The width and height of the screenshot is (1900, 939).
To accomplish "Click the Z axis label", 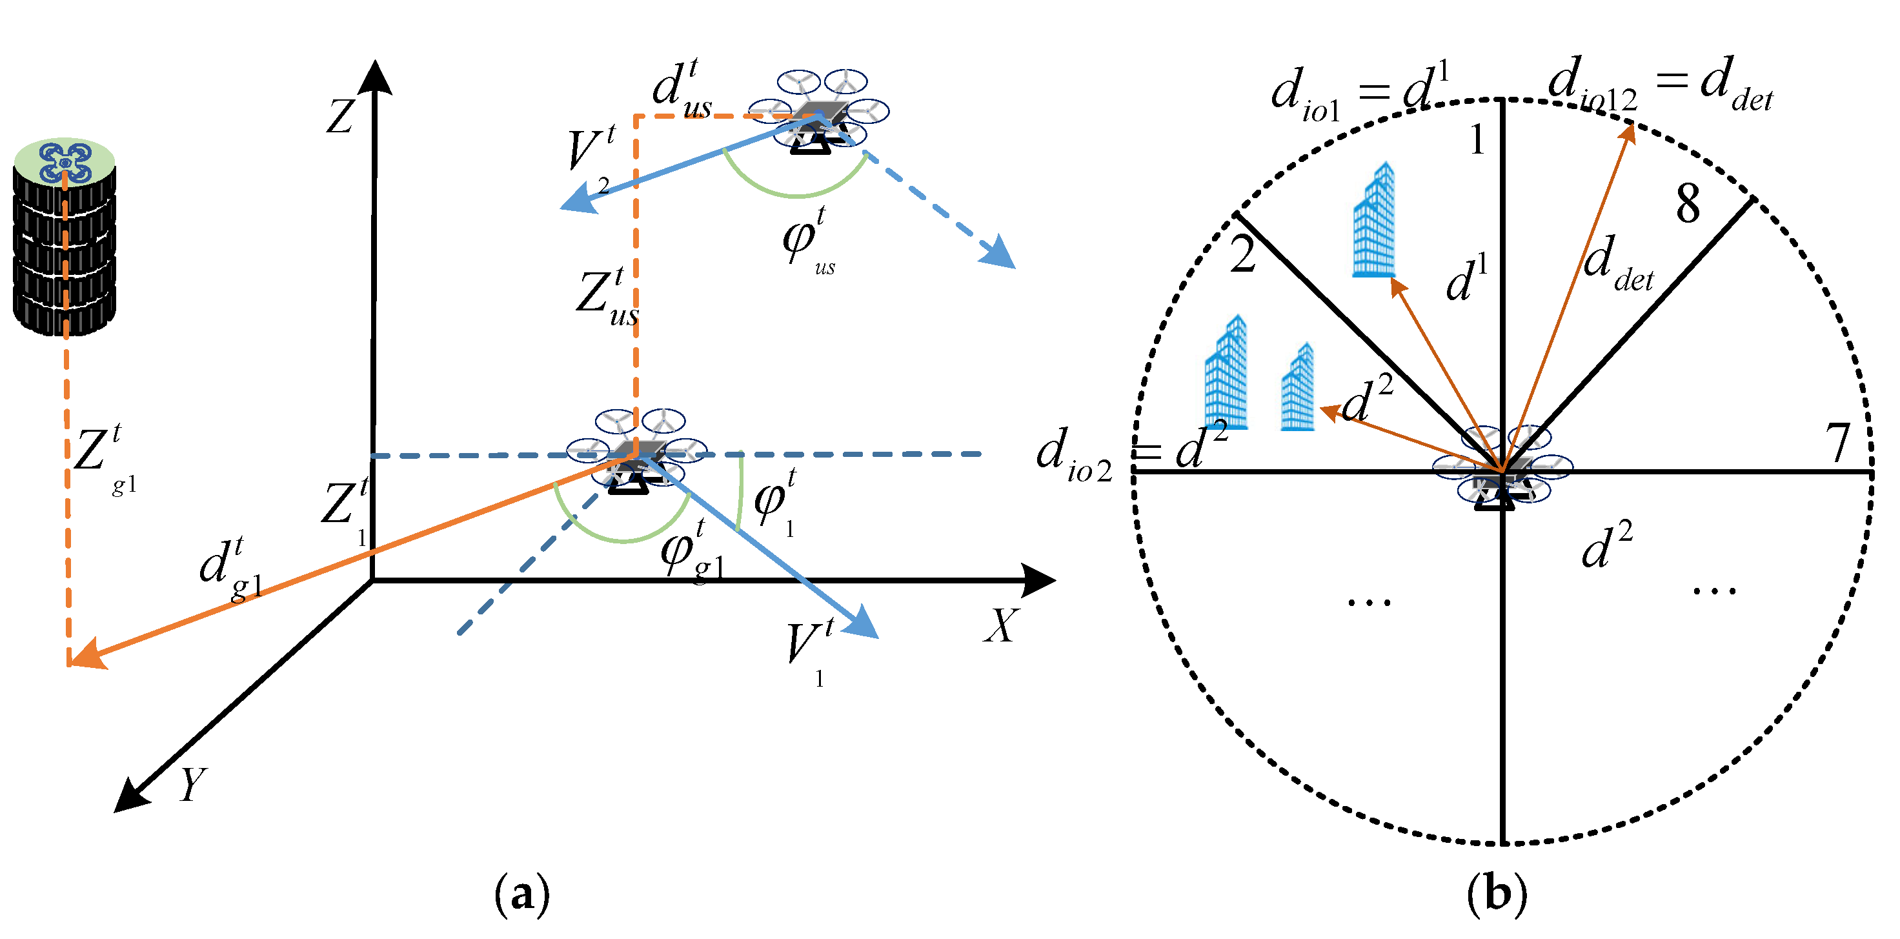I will click(340, 116).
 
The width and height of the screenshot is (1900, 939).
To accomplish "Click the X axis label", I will click(1002, 625).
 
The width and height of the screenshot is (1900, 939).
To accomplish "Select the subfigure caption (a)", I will click(521, 894).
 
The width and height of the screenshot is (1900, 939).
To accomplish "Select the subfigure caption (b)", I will click(1497, 894).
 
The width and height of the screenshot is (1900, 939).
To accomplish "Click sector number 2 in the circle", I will click(1243, 255).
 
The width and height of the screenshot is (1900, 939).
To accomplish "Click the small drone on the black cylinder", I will click(65, 161).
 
